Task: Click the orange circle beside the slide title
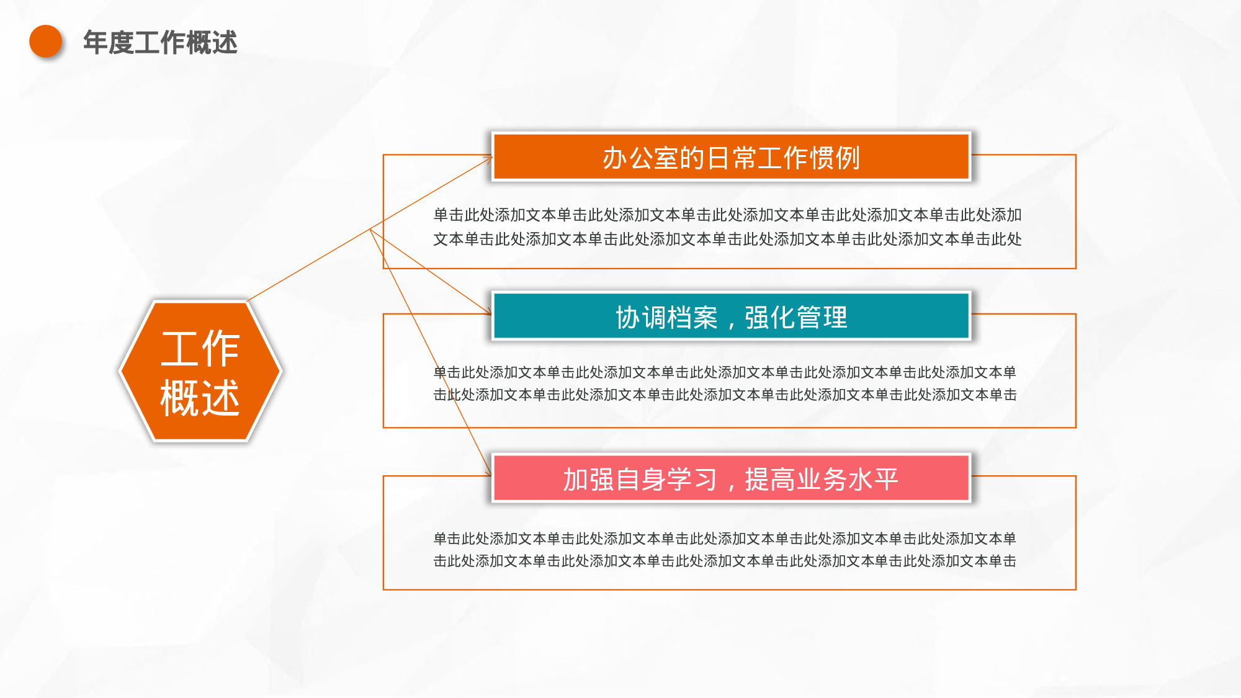point(46,41)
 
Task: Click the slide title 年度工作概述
point(160,42)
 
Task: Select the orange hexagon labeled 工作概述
point(200,371)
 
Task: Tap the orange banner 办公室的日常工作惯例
point(731,157)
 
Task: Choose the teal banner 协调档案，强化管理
point(731,316)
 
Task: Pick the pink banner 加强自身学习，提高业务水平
point(731,478)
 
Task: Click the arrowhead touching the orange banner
point(488,159)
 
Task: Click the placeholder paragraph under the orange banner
point(727,227)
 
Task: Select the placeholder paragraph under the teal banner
point(725,383)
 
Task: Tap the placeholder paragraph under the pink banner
point(725,550)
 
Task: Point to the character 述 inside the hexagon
point(220,398)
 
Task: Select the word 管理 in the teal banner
point(822,318)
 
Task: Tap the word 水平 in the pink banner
point(873,480)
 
